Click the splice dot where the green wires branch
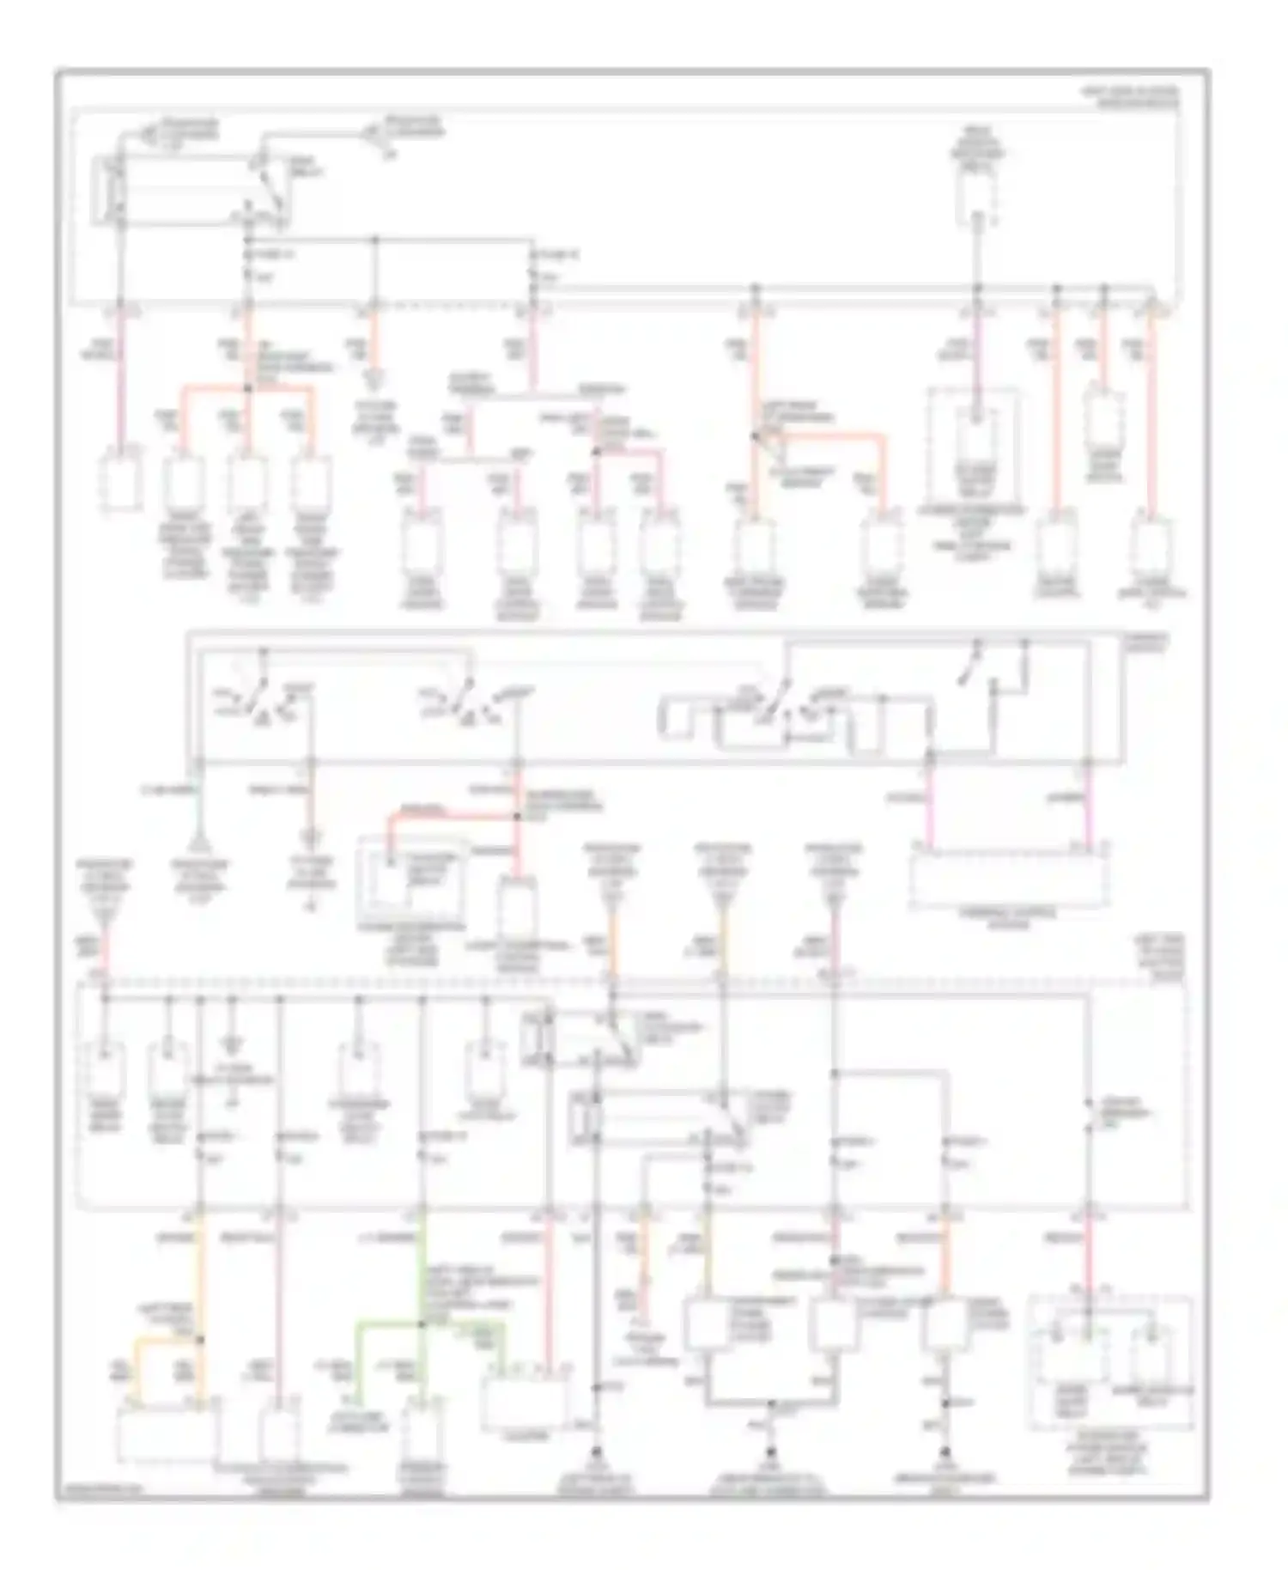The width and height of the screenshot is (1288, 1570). pyautogui.click(x=421, y=1324)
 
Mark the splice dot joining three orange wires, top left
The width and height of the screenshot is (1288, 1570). pyautogui.click(x=247, y=388)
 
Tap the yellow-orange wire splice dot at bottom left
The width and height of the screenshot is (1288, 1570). pyautogui.click(x=200, y=1338)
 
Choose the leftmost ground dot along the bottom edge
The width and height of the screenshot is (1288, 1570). pyautogui.click(x=595, y=1450)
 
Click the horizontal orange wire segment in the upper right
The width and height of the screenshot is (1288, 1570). pyautogui.click(x=829, y=437)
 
